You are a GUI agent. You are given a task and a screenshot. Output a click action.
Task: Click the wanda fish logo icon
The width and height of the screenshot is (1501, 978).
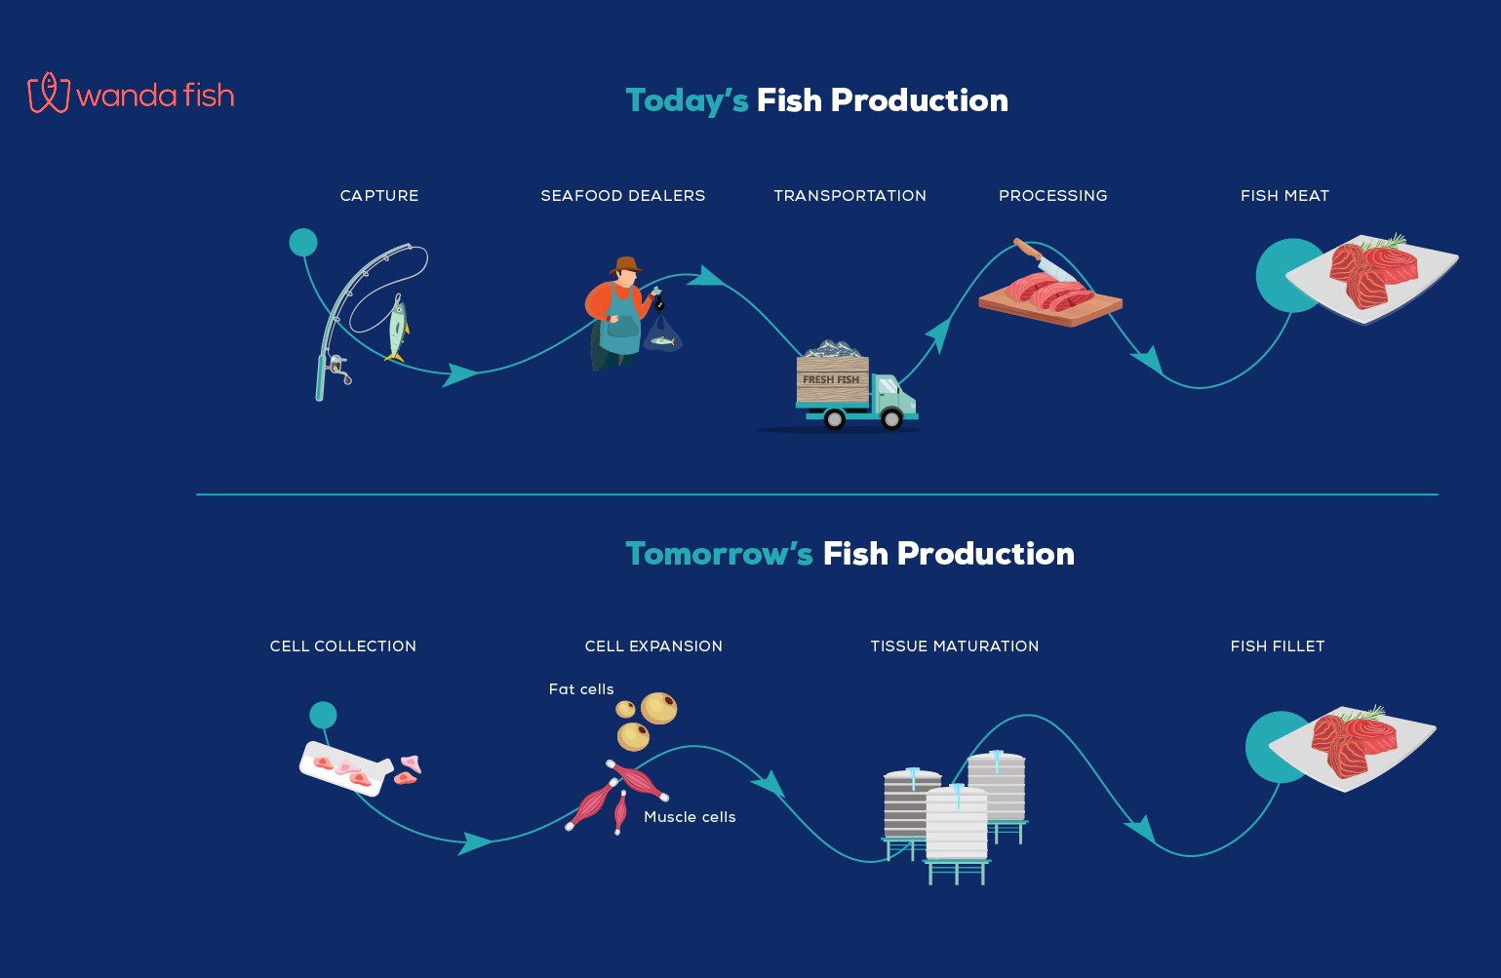[x=48, y=93]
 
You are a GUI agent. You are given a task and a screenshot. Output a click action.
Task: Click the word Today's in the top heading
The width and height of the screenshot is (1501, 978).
[x=687, y=101]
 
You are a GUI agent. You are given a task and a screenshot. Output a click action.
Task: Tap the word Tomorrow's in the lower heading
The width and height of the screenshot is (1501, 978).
[x=719, y=554]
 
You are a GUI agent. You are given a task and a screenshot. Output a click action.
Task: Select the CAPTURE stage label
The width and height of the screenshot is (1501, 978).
[x=379, y=196]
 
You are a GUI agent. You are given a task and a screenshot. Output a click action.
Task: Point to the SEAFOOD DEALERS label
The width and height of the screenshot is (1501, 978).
[x=622, y=196]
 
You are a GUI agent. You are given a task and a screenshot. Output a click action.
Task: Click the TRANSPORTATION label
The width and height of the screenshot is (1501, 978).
[x=849, y=196]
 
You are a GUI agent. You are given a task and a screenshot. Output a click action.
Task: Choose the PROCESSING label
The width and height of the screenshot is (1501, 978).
[x=1052, y=196]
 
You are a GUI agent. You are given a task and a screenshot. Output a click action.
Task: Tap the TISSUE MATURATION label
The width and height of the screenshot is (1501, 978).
[x=954, y=645]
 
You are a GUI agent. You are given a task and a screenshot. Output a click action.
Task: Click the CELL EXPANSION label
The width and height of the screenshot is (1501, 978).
[x=653, y=645]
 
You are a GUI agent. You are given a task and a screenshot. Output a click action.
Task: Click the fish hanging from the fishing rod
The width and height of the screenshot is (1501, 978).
[x=397, y=330]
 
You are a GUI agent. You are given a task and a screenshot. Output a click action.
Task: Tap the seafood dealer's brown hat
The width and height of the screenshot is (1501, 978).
[x=626, y=265]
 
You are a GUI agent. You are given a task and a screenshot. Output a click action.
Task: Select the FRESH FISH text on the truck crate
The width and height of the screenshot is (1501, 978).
[x=831, y=379]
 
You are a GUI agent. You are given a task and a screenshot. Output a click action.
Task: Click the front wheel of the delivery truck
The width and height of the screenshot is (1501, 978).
[x=891, y=418]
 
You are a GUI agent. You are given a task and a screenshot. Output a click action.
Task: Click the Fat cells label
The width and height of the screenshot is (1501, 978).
[x=581, y=689]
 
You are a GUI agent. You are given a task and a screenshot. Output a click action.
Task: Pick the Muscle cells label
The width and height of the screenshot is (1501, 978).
[x=690, y=816]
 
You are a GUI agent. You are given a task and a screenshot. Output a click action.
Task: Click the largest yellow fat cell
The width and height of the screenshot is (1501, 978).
[x=658, y=708]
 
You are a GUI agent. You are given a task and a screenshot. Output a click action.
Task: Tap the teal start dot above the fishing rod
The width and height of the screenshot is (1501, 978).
[x=303, y=242]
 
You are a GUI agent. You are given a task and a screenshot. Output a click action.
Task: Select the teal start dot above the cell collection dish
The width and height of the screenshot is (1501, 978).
[x=323, y=716]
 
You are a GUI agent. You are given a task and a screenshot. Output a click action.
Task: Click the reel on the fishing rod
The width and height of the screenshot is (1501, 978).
[x=338, y=369]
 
